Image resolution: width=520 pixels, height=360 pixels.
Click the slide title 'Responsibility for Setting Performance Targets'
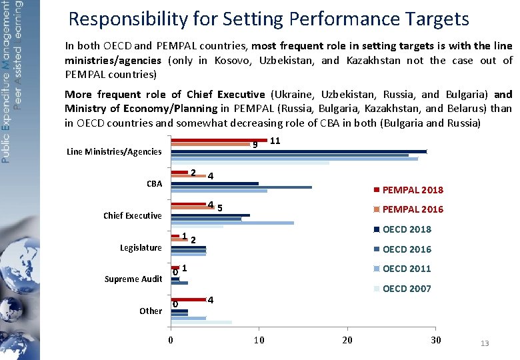point(269,19)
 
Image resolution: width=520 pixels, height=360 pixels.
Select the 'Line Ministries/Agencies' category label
point(114,152)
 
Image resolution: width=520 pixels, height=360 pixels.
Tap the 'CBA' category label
point(154,183)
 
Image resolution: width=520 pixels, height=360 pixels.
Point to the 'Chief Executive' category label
point(132,215)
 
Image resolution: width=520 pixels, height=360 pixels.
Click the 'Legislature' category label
point(141,247)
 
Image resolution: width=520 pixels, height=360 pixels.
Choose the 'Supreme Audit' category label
point(133,279)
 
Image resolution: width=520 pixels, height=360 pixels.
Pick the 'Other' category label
point(150,311)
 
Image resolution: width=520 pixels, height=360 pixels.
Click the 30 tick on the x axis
point(435,340)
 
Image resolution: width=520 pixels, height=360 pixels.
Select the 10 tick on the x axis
point(259,340)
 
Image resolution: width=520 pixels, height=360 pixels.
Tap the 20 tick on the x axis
point(347,340)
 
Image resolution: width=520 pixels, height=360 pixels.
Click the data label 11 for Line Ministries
point(275,141)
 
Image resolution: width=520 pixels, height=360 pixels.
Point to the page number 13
point(485,343)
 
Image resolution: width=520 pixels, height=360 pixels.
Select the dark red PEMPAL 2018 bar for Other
point(189,299)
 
